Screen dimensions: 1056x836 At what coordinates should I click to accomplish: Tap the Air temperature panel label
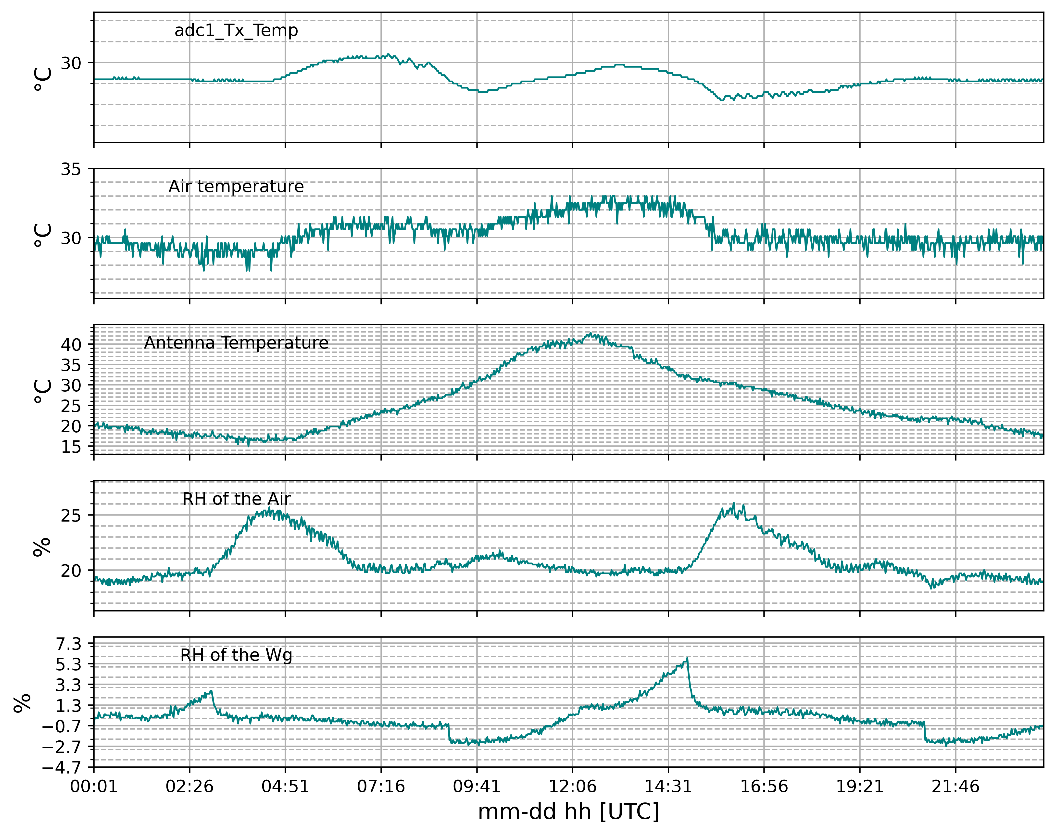tap(236, 187)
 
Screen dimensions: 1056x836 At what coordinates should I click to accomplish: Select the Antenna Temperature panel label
tap(236, 343)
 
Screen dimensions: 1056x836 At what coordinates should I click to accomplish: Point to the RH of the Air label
tap(236, 499)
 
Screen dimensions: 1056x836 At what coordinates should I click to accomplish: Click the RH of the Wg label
tap(236, 655)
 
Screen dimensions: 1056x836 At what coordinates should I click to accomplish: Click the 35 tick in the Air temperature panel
tap(71, 169)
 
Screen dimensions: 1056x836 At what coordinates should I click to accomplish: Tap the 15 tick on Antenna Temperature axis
tap(71, 447)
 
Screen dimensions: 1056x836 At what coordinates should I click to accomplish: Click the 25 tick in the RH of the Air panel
tap(71, 515)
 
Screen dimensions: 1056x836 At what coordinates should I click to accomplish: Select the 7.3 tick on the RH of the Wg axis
tap(69, 644)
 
